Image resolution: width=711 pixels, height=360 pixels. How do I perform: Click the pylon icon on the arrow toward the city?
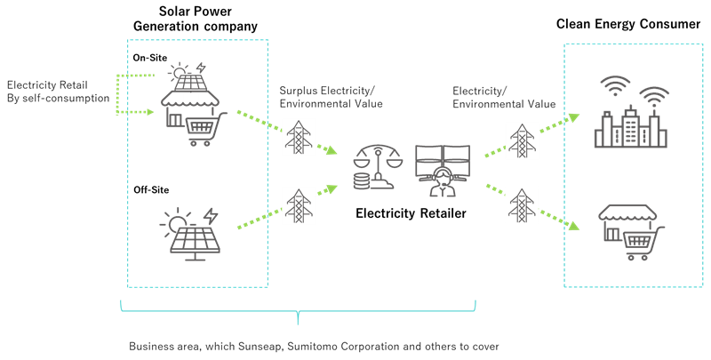[x=522, y=140]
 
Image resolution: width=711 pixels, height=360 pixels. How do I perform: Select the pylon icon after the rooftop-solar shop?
[x=299, y=137]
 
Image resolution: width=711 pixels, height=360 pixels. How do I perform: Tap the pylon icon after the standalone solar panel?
[x=299, y=205]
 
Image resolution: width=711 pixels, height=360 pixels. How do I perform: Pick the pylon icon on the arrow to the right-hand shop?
[x=522, y=205]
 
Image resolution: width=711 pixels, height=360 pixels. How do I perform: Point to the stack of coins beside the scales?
[x=362, y=181]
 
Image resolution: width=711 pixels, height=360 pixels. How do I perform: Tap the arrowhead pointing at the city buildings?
[x=575, y=116]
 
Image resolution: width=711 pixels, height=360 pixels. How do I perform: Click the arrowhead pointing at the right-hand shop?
[x=575, y=228]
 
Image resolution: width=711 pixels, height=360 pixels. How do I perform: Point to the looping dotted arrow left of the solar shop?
[x=119, y=93]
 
